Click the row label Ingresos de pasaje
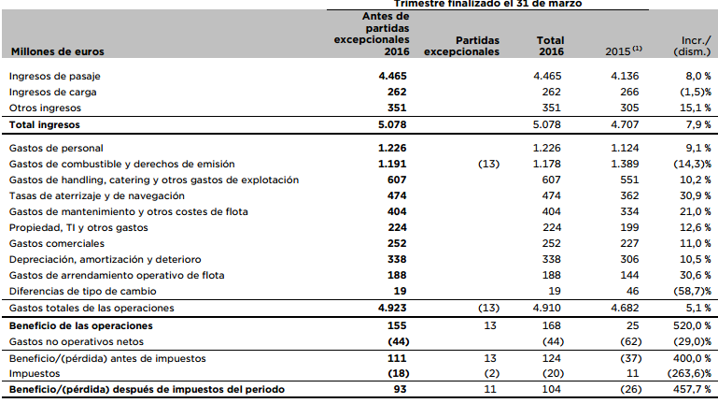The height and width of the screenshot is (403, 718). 54,75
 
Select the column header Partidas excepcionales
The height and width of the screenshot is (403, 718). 462,47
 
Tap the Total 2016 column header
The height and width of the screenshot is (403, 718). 550,47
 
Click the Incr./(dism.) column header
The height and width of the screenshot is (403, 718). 691,47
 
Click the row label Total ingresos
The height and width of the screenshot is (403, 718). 44,123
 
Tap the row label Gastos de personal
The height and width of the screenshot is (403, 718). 55,148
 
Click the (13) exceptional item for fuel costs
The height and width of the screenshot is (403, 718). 489,164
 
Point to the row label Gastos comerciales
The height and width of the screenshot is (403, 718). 55,243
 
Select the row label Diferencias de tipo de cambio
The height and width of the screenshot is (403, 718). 83,291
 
